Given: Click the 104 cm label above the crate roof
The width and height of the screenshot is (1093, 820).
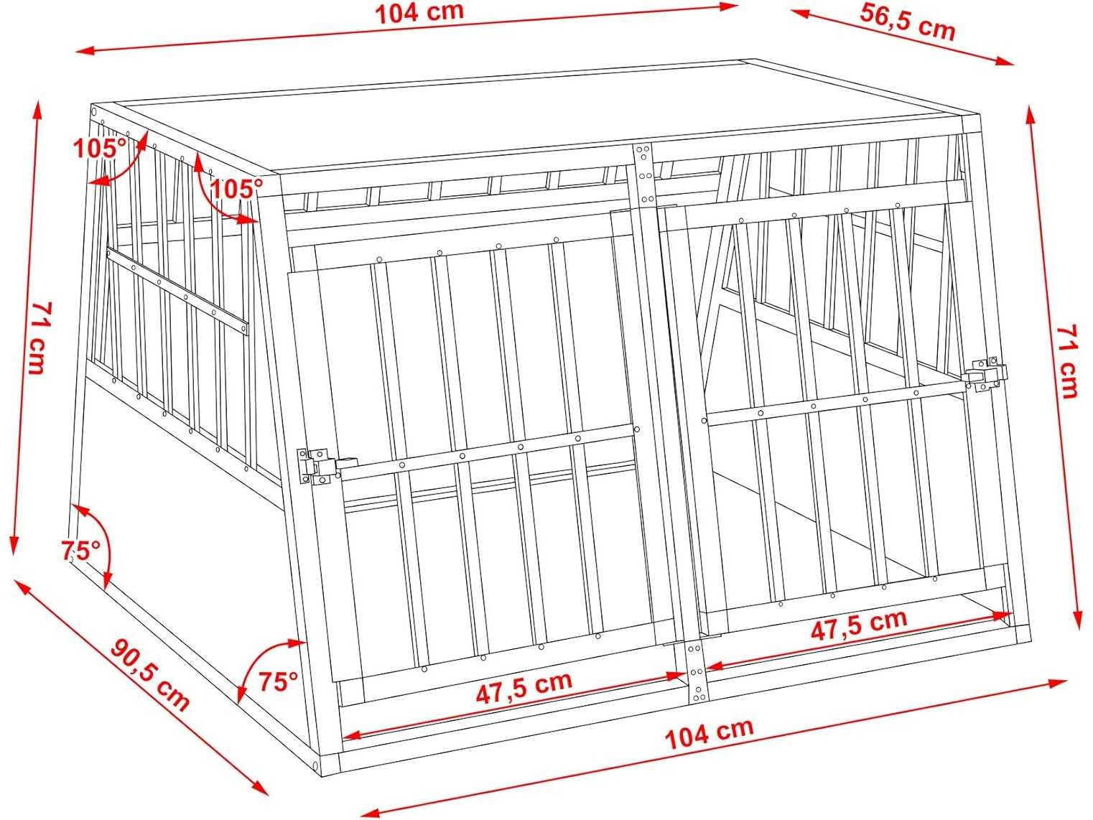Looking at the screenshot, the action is (x=419, y=12).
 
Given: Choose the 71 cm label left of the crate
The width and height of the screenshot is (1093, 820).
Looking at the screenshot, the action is (x=38, y=337).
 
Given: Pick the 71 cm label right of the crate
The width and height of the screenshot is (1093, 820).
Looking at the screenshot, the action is (x=1067, y=361).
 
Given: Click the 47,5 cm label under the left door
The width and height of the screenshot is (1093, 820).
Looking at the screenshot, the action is (x=524, y=688).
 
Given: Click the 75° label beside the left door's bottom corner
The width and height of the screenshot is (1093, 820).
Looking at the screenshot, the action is (x=278, y=681).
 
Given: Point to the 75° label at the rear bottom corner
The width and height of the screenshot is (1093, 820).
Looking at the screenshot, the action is (x=80, y=550).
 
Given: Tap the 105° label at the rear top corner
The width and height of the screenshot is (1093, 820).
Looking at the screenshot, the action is (x=100, y=148).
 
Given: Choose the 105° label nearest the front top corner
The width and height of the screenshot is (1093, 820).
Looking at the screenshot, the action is (x=236, y=188).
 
